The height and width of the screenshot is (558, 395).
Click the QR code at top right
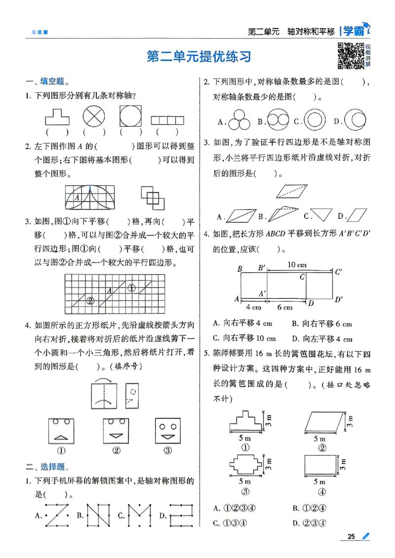point(350,56)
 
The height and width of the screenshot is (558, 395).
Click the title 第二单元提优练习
point(199,56)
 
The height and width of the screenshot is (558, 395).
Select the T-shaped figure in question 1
point(57,118)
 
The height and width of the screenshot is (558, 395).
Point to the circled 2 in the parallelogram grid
point(90,300)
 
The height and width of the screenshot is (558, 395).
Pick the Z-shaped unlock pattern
point(57,516)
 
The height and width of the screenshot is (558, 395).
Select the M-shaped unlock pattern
point(139,516)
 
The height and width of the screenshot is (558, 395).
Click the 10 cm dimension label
point(297,265)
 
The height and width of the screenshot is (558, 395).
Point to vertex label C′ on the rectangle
point(339,272)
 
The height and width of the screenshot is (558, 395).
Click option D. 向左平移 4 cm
point(322,339)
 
